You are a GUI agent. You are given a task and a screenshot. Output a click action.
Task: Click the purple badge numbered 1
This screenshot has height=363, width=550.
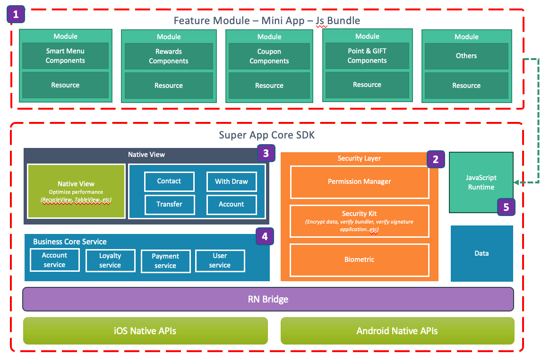coord(16,15)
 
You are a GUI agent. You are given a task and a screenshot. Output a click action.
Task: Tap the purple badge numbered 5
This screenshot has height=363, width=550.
coord(506,207)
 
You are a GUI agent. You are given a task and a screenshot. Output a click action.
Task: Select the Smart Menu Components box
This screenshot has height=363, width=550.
coord(65,56)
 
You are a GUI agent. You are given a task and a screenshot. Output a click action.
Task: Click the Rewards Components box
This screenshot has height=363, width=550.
coord(169,56)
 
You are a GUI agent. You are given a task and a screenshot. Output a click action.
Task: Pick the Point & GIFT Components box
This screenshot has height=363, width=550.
coord(367,56)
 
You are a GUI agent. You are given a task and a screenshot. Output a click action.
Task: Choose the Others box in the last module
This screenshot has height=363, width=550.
coord(466,56)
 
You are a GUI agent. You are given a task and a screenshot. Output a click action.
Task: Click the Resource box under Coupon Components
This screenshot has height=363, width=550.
coord(269,86)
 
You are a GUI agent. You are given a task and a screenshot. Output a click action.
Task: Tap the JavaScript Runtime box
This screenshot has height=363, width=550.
coord(481,182)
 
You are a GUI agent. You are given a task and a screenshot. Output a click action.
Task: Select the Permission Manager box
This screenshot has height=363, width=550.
coord(360,181)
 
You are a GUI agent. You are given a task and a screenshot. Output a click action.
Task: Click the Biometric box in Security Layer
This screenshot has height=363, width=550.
coord(360,259)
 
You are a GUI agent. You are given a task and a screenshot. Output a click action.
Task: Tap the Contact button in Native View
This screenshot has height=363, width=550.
coord(169,181)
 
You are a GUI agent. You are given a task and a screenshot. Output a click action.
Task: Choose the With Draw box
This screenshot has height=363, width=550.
coord(232,181)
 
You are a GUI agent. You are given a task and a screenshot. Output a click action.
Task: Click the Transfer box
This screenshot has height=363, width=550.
coord(169,204)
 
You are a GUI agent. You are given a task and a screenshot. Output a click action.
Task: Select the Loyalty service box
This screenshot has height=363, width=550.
coord(110,260)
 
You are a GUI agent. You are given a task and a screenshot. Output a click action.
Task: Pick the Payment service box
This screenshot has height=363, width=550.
coord(165,261)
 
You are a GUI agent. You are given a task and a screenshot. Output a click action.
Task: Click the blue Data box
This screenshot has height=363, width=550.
coord(481,253)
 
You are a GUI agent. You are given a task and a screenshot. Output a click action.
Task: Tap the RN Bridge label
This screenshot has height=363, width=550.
coord(268,299)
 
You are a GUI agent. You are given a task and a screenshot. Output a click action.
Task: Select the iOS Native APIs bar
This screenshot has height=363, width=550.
coord(146,331)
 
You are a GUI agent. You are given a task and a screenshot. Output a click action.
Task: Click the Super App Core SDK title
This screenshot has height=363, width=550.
coord(266,135)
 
